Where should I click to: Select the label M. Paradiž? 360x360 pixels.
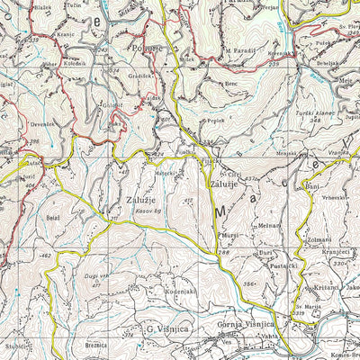click(240, 49)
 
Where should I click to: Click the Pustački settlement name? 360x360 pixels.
click(271, 267)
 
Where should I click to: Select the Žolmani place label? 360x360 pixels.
click(319, 238)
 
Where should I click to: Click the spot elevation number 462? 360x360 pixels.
click(45, 257)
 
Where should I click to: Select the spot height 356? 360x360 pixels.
click(249, 283)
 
